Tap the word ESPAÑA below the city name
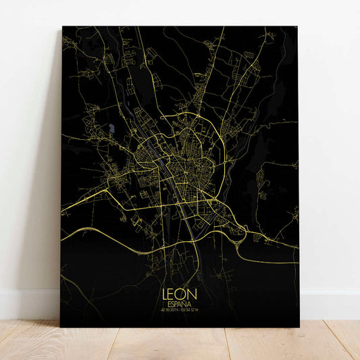pos(180,305)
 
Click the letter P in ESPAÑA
pos(177,305)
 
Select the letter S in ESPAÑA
pos(173,305)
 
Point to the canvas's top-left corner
pos(62,27)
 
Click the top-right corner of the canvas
pos(298,27)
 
